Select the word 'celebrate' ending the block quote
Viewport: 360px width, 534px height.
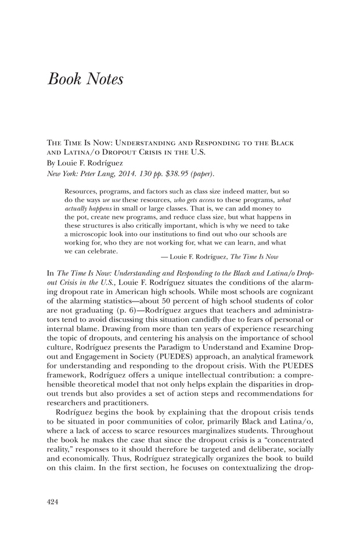(x=103, y=252)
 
